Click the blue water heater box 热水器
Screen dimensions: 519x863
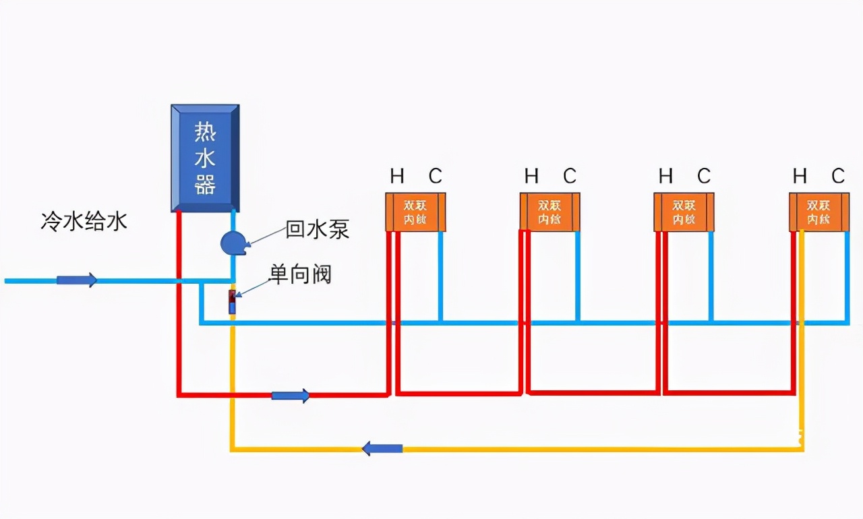click(x=205, y=158)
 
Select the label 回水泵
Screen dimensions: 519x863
click(x=318, y=229)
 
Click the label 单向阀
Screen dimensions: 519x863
click(x=301, y=274)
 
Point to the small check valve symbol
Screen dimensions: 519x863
click(x=233, y=302)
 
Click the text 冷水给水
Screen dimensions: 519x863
click(x=84, y=222)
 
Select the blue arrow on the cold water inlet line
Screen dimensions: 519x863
click(x=76, y=280)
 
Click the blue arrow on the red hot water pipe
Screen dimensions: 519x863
click(x=291, y=396)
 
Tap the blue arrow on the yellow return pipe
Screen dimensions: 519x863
click(x=382, y=448)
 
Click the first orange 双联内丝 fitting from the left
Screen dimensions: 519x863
click(x=415, y=212)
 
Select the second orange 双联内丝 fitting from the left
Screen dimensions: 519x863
click(x=549, y=212)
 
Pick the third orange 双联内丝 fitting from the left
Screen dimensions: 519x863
click(x=684, y=212)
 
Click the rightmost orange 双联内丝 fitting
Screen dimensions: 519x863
click(x=819, y=212)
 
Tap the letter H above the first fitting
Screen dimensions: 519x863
click(x=397, y=177)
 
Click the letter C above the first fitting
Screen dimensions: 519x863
click(x=436, y=177)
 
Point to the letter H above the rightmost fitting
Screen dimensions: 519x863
click(x=800, y=177)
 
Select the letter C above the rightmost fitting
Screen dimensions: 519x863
click(x=838, y=177)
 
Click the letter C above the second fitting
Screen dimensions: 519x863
click(x=570, y=177)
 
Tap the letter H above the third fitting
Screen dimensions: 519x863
click(x=665, y=177)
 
